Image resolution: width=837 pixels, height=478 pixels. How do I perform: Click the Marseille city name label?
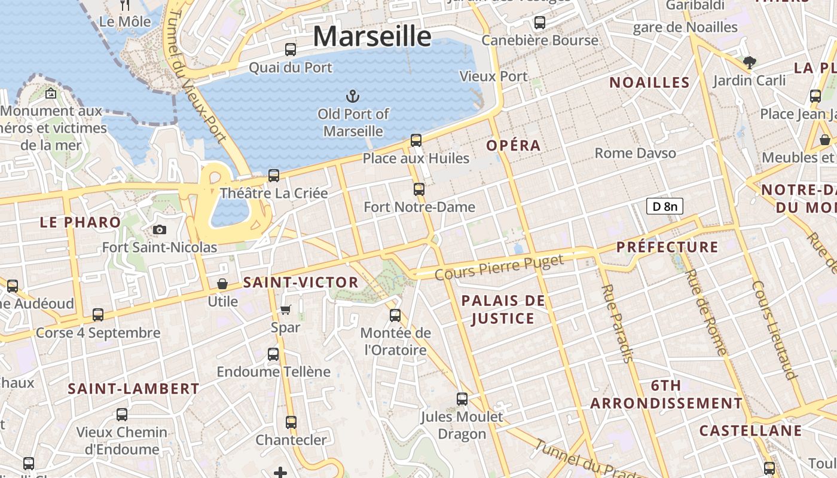click(372, 36)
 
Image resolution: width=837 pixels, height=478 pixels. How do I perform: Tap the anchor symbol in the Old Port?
click(353, 96)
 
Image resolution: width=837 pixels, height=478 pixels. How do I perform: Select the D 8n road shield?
click(664, 207)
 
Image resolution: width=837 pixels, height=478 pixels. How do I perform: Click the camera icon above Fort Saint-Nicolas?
click(160, 229)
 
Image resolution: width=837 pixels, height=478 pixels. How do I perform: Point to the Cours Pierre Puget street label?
click(499, 266)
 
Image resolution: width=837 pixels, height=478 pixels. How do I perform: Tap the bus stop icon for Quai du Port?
click(291, 50)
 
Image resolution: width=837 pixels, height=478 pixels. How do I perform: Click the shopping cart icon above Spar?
click(285, 310)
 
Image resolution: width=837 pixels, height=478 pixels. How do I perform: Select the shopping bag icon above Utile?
click(222, 283)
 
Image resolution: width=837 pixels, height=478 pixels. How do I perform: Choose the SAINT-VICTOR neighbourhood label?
click(301, 283)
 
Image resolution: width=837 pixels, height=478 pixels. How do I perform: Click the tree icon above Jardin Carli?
click(749, 62)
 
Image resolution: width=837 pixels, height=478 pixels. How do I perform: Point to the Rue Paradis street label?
click(617, 323)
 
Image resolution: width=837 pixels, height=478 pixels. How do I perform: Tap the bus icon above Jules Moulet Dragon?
click(462, 399)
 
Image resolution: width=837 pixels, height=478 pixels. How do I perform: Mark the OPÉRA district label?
click(513, 145)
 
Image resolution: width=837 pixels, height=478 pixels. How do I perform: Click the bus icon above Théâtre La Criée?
click(274, 176)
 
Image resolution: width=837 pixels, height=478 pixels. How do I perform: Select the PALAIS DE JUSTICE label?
click(503, 310)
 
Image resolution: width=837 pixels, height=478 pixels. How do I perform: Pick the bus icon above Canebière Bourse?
click(540, 23)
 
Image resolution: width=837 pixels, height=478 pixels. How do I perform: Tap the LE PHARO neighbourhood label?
click(81, 222)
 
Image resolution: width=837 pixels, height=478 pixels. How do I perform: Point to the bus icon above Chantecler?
click(291, 422)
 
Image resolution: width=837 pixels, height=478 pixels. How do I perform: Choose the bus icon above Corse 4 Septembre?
click(98, 315)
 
